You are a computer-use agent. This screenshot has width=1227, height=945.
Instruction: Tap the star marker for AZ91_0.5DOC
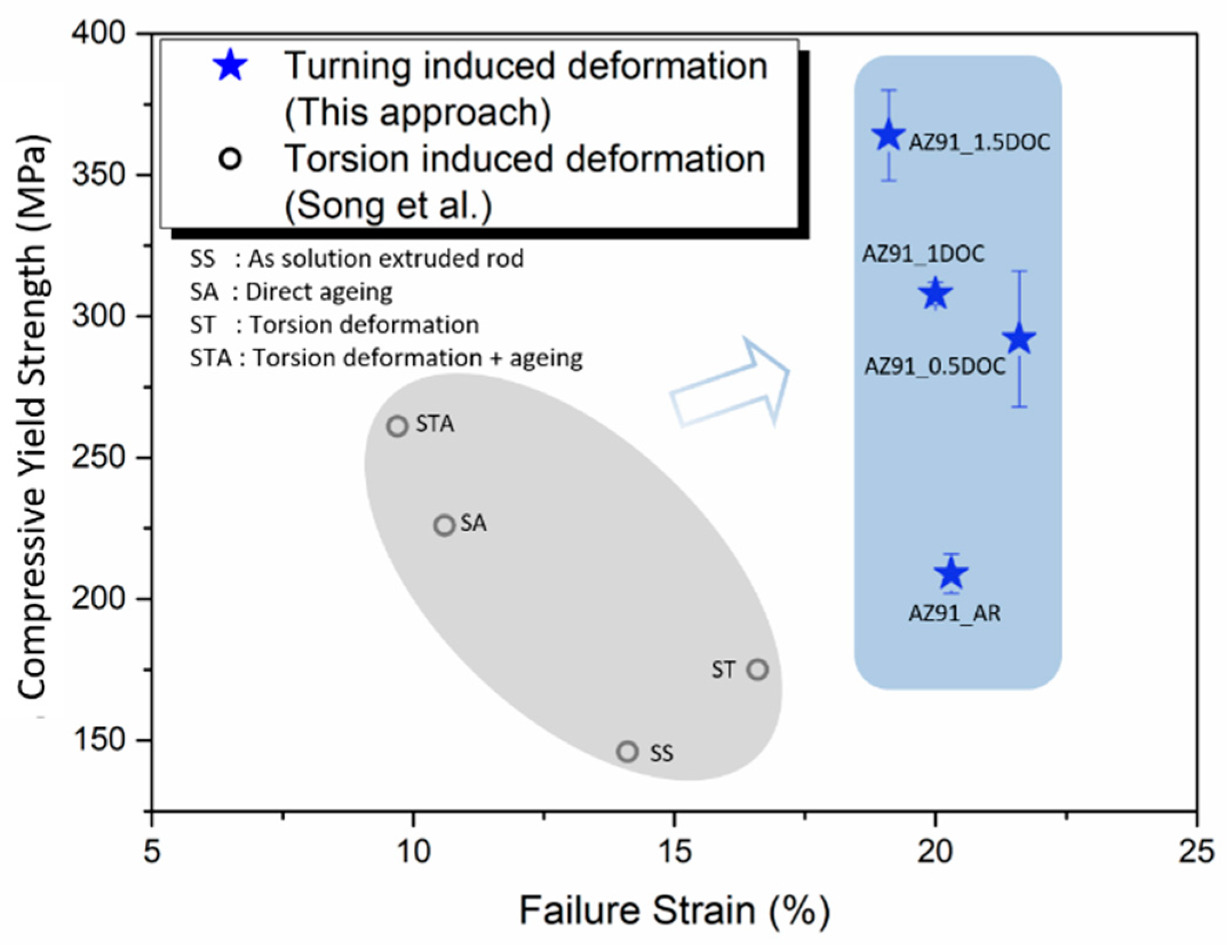pyautogui.click(x=1019, y=339)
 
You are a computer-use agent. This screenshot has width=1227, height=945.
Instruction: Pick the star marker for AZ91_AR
pyautogui.click(x=952, y=573)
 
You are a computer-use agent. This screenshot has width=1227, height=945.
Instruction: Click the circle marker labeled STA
pyautogui.click(x=398, y=426)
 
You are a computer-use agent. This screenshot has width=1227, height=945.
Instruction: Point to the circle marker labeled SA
pyautogui.click(x=445, y=524)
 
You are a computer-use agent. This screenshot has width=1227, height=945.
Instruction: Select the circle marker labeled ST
pyautogui.click(x=758, y=669)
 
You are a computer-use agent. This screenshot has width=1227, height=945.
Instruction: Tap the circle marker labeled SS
pyautogui.click(x=628, y=751)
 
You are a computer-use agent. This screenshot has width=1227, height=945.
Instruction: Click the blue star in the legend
pyautogui.click(x=230, y=66)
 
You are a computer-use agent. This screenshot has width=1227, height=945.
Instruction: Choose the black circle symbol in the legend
pyautogui.click(x=230, y=159)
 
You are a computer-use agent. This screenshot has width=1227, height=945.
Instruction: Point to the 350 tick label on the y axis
pyautogui.click(x=99, y=174)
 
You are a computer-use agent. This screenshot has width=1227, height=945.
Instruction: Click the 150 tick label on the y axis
pyautogui.click(x=99, y=740)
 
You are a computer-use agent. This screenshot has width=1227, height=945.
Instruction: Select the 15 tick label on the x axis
pyautogui.click(x=674, y=851)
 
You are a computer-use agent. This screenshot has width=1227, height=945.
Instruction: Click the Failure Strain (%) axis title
pyautogui.click(x=674, y=911)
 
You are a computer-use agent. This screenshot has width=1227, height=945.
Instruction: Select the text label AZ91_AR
pyautogui.click(x=954, y=613)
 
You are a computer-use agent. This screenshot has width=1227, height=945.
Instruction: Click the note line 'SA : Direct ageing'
pyautogui.click(x=291, y=292)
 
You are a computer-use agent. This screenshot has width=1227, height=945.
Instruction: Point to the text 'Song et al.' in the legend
pyautogui.click(x=388, y=206)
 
